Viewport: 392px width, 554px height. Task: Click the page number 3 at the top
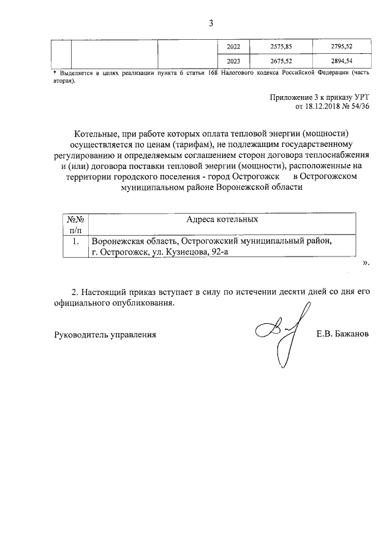tap(210, 24)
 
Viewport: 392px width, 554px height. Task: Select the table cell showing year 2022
tap(234, 47)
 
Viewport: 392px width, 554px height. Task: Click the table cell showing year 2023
tap(234, 61)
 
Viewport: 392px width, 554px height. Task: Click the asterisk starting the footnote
tap(55, 72)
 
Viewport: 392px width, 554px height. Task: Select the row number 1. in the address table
tap(76, 242)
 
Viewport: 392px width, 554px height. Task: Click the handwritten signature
tap(279, 334)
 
